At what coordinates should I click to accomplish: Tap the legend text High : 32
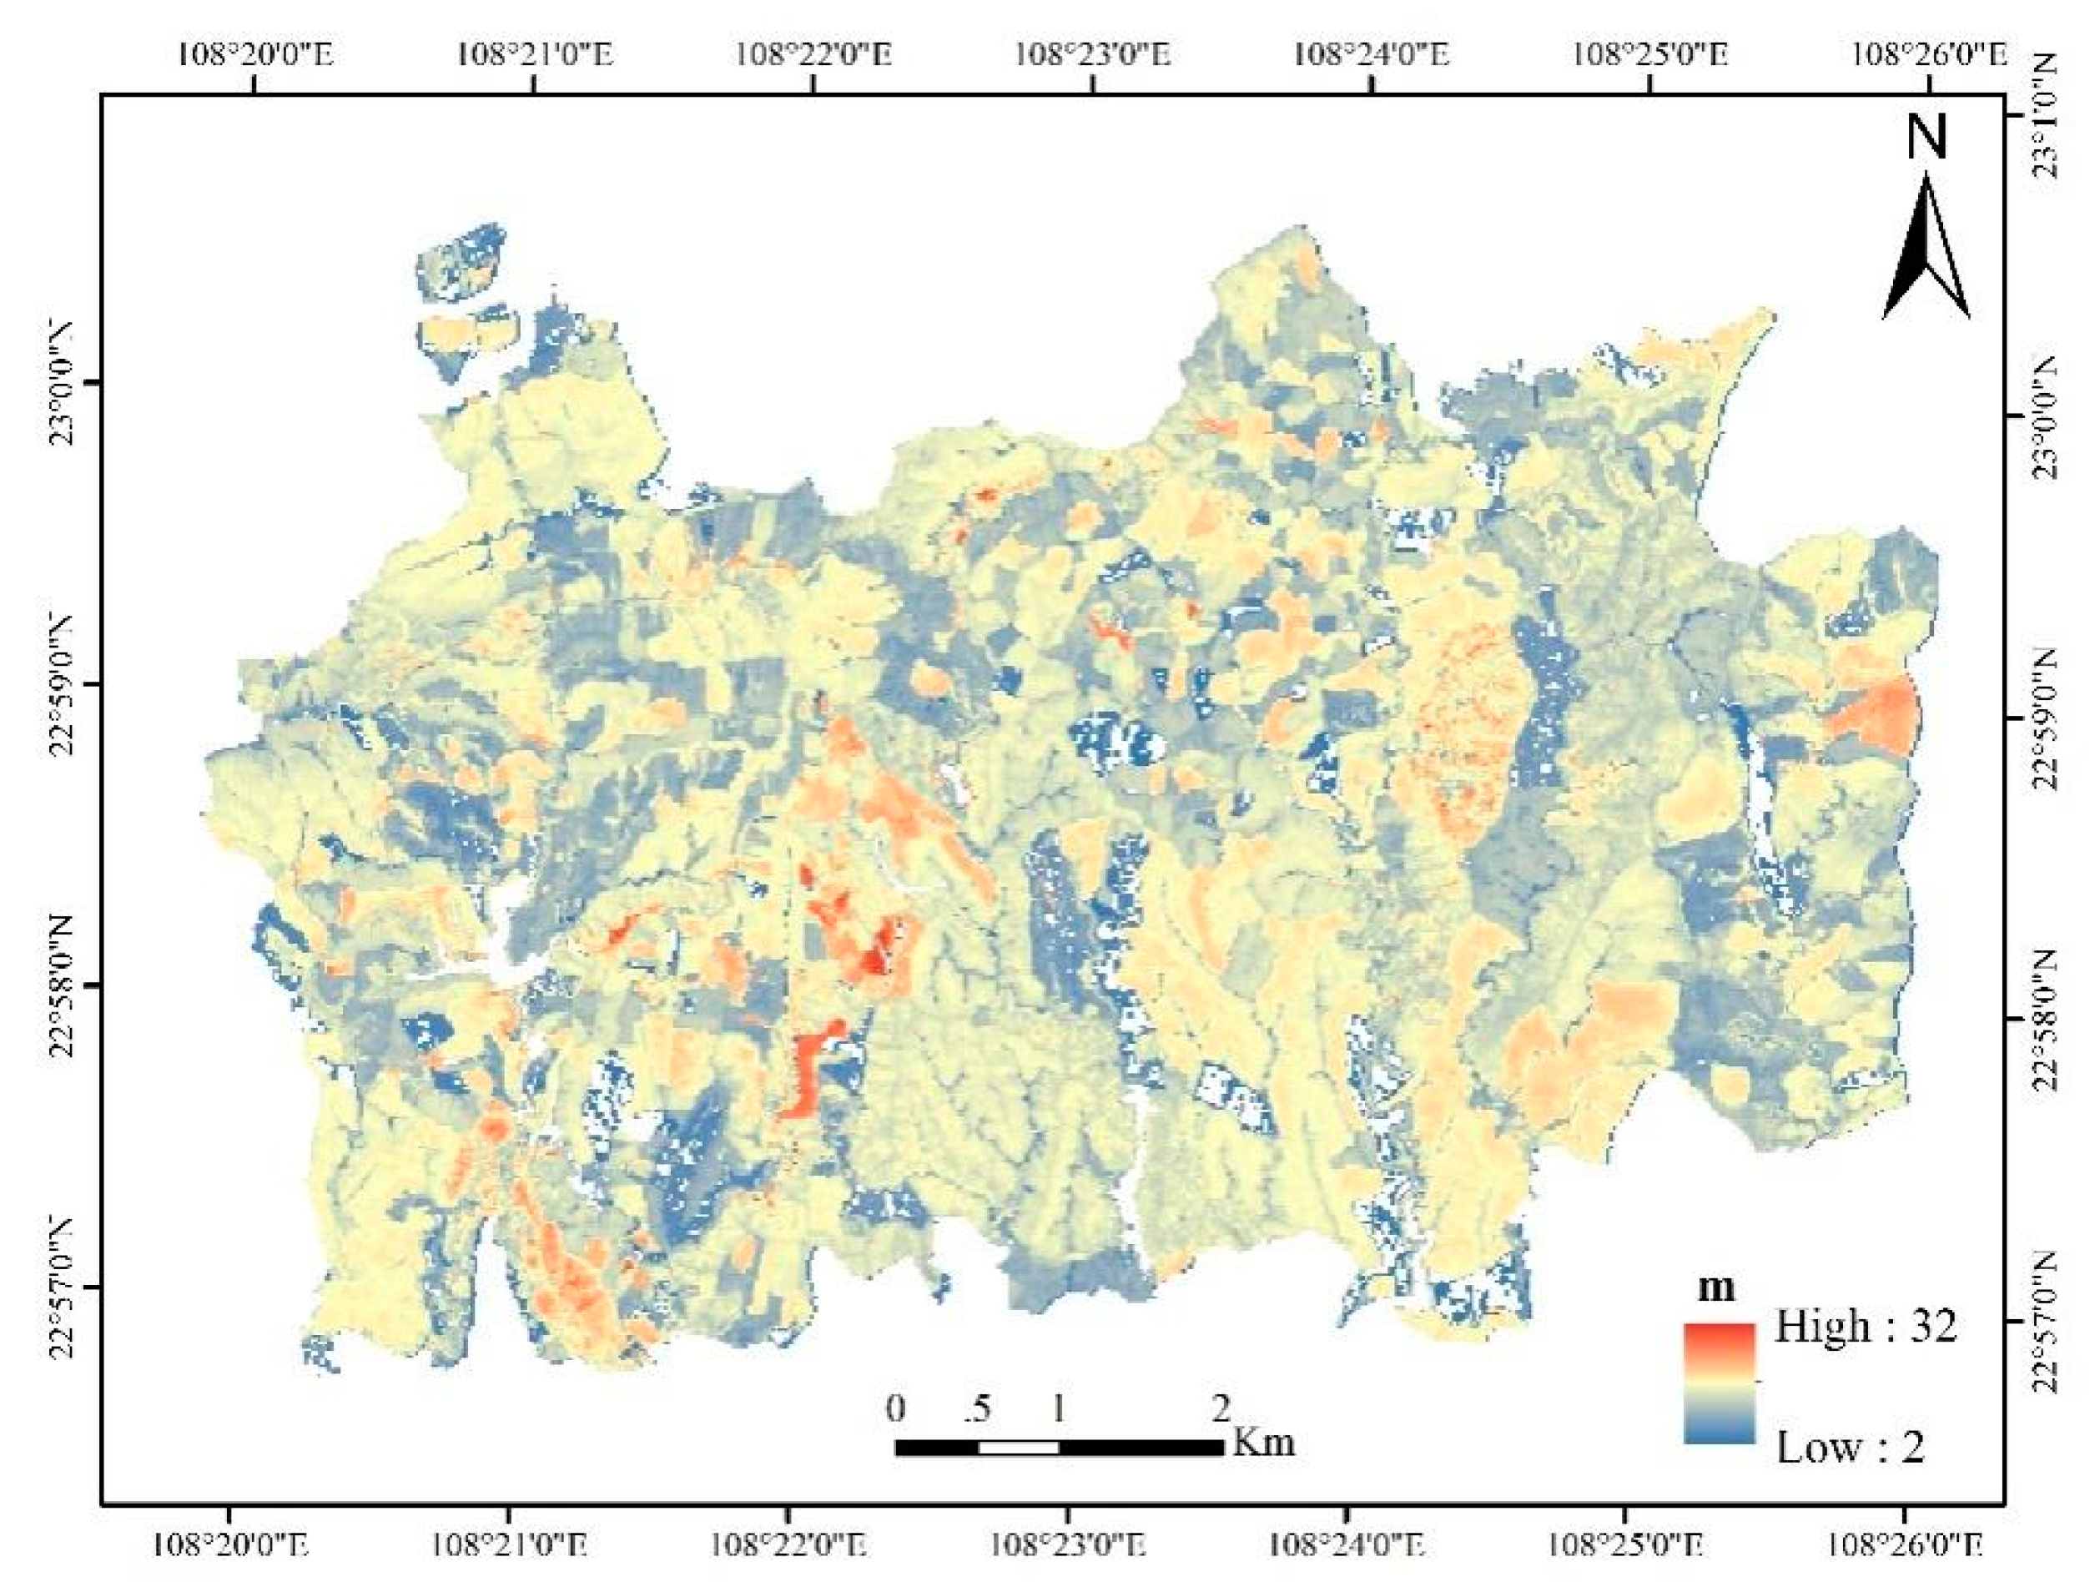coord(1866,1327)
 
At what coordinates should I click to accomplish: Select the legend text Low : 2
coord(1851,1446)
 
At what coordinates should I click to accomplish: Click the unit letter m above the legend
coord(1716,1288)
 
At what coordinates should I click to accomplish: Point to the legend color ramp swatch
coord(1720,1383)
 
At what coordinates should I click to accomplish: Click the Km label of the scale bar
coord(1264,1442)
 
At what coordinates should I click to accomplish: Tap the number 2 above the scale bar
coord(1221,1408)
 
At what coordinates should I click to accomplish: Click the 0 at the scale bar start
coord(895,1408)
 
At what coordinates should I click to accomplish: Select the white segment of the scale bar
coord(1019,1447)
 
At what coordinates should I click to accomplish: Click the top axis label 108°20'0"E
coord(255,54)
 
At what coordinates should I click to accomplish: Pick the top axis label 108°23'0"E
coord(1094,54)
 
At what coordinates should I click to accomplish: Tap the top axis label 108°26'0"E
coord(1929,54)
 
